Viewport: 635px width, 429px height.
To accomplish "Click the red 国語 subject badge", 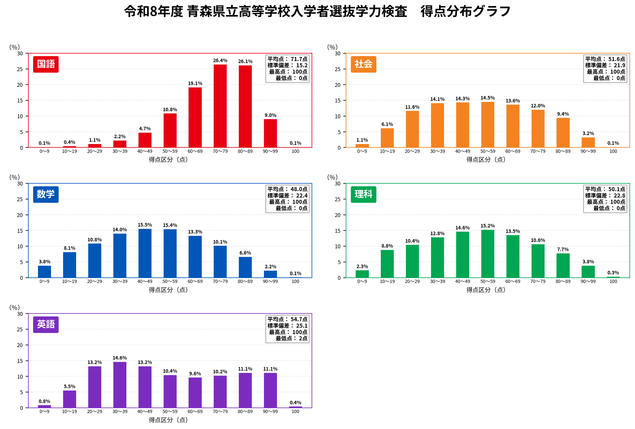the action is (46, 64).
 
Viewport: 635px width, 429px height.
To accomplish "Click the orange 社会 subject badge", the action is (363, 64).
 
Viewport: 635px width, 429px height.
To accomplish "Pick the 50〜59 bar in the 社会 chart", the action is (488, 125).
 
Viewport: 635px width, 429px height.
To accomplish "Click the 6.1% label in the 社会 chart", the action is (387, 124).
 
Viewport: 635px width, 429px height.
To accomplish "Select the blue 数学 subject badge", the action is (46, 194).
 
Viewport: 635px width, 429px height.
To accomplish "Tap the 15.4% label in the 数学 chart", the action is (170, 225).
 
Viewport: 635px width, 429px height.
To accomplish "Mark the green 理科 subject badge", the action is (363, 194).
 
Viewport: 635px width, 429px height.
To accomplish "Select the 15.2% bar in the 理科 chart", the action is (488, 254).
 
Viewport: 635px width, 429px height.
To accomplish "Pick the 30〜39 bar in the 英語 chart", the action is (120, 385).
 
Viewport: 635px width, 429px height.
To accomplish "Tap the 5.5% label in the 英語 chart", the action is (69, 386).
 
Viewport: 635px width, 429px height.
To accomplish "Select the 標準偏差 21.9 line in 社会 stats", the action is (605, 65).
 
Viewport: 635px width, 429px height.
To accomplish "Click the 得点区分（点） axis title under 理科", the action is (486, 290).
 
